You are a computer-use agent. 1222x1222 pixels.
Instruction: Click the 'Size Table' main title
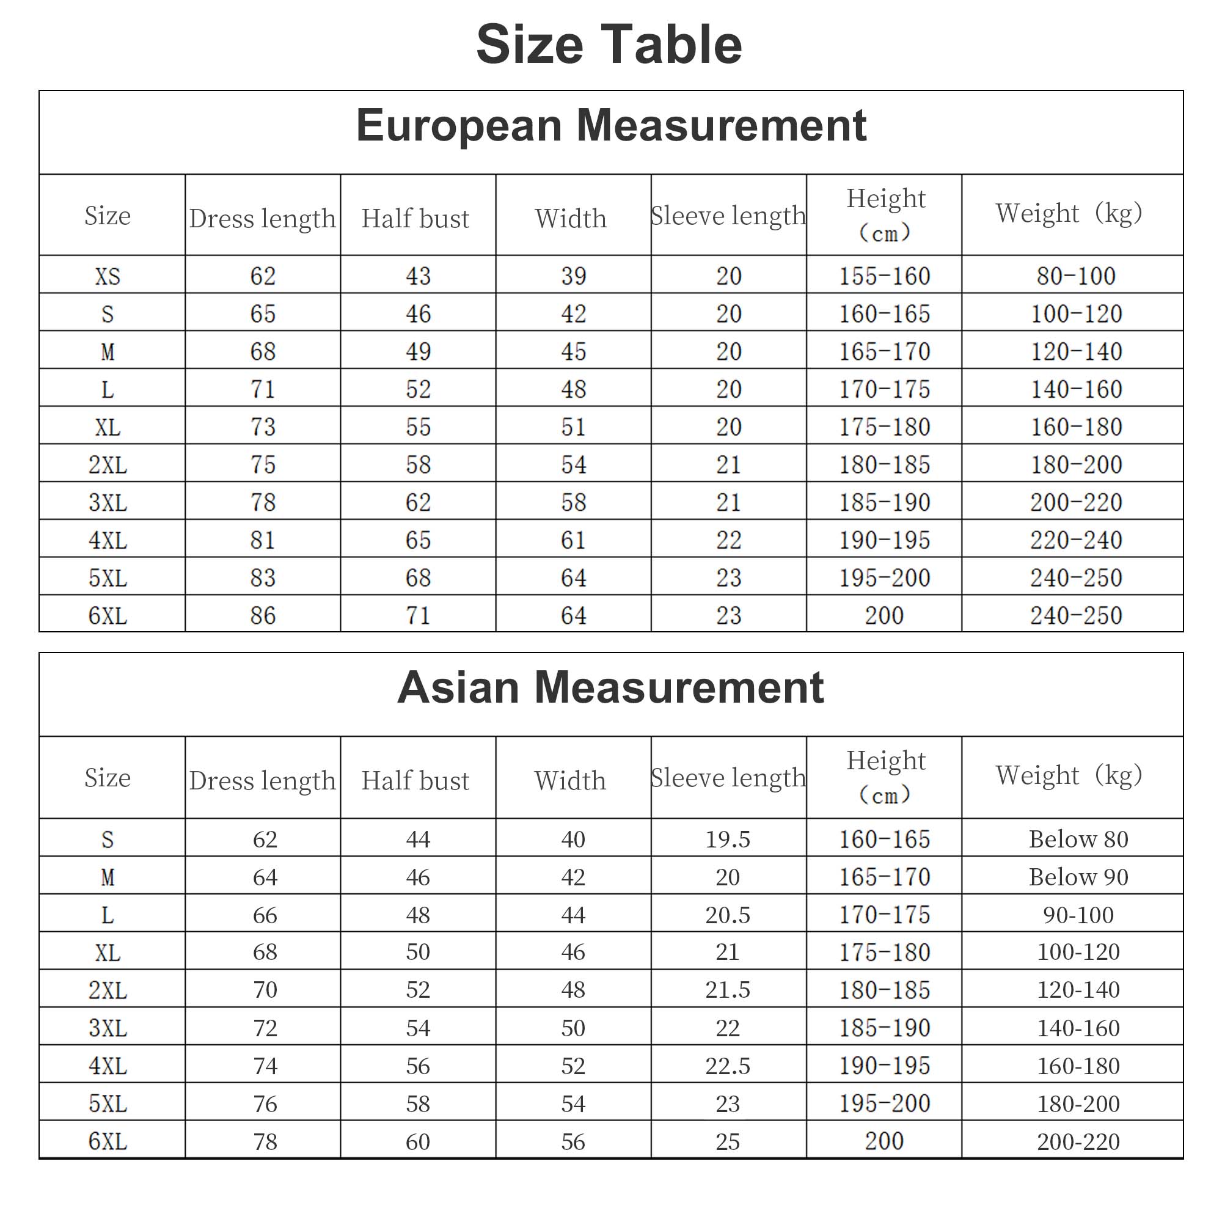(x=609, y=45)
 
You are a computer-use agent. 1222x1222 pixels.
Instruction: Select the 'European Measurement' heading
(x=611, y=125)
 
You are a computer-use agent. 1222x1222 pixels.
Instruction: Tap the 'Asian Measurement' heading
(x=611, y=687)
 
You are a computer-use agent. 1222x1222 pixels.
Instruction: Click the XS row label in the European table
(x=108, y=276)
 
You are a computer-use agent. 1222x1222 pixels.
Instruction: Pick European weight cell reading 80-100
(x=1076, y=276)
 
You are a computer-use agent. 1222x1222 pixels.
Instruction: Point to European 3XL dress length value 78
(x=263, y=503)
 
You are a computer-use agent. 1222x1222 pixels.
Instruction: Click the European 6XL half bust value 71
(x=418, y=616)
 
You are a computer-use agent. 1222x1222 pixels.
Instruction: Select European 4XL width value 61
(x=574, y=541)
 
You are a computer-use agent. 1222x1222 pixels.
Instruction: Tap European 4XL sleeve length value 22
(x=729, y=541)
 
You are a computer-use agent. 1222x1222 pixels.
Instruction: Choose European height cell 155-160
(x=884, y=276)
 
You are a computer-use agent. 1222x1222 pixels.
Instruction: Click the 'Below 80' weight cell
(x=1078, y=840)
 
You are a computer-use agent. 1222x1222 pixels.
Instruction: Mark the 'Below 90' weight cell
(x=1078, y=877)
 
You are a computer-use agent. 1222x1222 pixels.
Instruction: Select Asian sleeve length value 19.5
(x=728, y=840)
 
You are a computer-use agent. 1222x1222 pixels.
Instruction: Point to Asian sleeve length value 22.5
(x=728, y=1066)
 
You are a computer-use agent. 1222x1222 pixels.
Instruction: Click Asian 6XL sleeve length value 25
(x=728, y=1142)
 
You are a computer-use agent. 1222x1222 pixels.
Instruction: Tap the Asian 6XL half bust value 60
(x=418, y=1142)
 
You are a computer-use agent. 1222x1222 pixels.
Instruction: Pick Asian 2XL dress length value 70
(x=265, y=990)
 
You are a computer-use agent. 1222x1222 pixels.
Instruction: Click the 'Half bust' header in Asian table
(x=415, y=781)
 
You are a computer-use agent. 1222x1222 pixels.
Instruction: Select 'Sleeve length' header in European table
(x=729, y=216)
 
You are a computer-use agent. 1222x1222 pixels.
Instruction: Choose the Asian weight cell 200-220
(x=1078, y=1142)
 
